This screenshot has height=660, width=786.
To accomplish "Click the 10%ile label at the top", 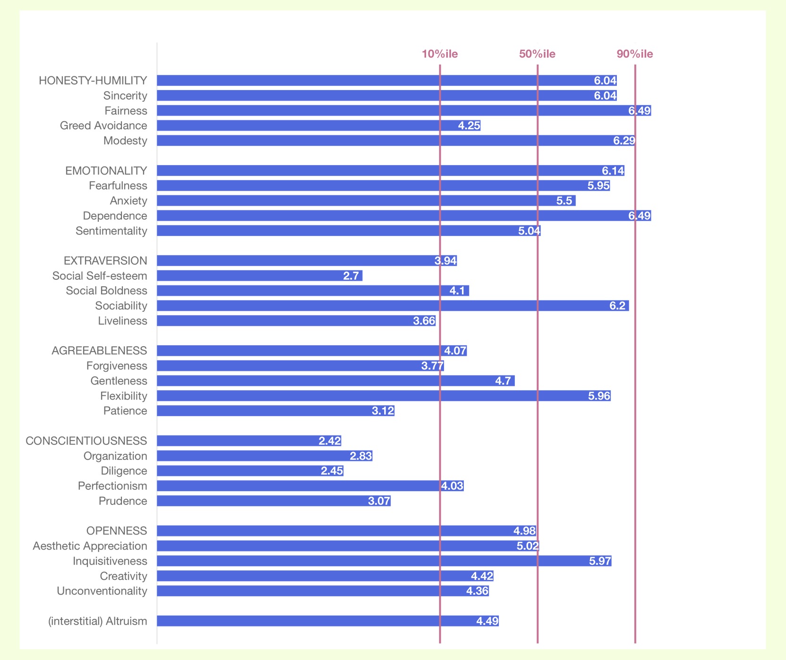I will tap(439, 54).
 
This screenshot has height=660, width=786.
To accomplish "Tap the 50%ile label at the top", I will tap(537, 54).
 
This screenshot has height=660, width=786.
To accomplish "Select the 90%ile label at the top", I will tap(634, 54).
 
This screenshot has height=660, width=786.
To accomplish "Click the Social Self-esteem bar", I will tap(259, 276).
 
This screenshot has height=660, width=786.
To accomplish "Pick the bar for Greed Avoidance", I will tap(318, 125).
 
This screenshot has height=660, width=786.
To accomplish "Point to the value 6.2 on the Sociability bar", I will tap(617, 306).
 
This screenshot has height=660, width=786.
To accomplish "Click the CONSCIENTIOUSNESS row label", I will tap(86, 441).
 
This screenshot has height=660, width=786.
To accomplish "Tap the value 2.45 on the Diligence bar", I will tap(332, 471).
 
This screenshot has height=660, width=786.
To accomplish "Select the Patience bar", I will tap(275, 411).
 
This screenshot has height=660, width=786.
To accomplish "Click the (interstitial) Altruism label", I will tap(98, 621).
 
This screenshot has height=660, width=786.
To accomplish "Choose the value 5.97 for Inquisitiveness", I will tap(600, 561).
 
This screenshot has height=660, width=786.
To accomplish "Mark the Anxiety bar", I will tap(366, 201).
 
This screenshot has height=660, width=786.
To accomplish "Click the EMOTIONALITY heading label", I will tap(106, 171).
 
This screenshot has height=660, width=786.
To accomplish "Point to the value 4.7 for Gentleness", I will tap(503, 381).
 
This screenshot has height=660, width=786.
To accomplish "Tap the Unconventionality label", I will tap(102, 591).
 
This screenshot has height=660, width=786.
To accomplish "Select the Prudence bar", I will tap(273, 501).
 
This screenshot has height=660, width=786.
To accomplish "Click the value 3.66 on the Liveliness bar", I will tap(424, 321).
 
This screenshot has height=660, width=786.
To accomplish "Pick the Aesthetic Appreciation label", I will tap(90, 546).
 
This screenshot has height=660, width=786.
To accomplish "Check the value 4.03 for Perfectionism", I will tap(452, 486).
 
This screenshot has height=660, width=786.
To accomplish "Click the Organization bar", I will tap(265, 456).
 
